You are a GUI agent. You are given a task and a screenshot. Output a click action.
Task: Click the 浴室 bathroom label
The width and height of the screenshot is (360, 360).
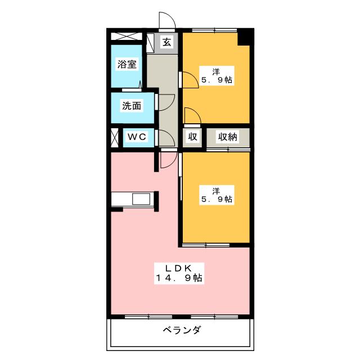[x=127, y=64]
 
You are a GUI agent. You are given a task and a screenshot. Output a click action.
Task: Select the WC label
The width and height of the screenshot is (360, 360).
[x=136, y=137]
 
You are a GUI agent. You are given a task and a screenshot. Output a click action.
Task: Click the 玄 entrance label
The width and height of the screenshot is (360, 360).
[x=168, y=41]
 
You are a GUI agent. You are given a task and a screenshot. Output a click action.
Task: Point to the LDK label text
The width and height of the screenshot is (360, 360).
[x=180, y=267]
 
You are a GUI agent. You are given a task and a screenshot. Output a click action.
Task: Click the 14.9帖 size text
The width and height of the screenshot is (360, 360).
[x=180, y=277]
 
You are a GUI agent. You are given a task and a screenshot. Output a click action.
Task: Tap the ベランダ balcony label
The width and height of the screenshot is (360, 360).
[x=182, y=330]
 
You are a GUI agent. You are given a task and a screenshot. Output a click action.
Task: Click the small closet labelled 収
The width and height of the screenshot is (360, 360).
[x=192, y=137]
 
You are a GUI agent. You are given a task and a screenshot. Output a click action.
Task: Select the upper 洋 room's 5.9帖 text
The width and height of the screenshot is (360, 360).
[x=216, y=80]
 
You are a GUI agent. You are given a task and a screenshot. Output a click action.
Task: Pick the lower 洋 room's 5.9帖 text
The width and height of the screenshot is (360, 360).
[x=216, y=199]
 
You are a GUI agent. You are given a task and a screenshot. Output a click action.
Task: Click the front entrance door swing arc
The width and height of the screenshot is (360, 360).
[x=167, y=20]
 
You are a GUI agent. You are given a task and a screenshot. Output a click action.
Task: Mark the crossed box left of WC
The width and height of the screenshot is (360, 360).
[x=115, y=137]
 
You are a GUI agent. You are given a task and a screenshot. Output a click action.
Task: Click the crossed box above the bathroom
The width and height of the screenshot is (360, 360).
[x=127, y=36]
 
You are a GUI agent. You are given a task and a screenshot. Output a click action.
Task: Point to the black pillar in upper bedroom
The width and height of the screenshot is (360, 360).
[x=245, y=38]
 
